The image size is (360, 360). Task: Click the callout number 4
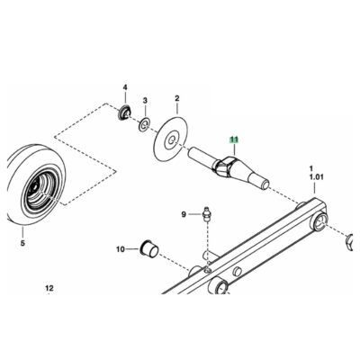125,87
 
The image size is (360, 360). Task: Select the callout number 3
145,100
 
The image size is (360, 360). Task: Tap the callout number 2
177,98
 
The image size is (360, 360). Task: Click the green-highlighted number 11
234,139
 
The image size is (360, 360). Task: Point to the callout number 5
22,243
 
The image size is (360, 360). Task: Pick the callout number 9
184,214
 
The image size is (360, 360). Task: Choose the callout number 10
121,249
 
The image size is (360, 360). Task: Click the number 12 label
49,288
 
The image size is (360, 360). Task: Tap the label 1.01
317,177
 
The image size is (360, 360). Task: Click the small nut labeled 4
124,112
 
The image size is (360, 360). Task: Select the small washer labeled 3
145,124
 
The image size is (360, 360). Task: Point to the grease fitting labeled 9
206,214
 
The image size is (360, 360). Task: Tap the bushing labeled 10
148,248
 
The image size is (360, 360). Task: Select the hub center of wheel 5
35,189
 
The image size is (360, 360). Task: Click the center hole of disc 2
171,140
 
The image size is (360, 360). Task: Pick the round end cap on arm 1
320,222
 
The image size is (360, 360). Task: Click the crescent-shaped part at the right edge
350,242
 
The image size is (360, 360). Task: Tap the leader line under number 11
235,149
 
